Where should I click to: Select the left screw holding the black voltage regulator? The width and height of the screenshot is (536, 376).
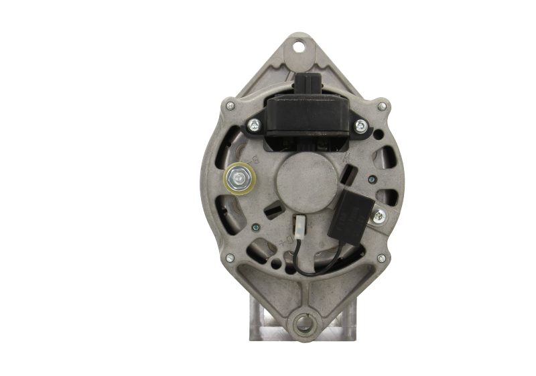tap(254, 124)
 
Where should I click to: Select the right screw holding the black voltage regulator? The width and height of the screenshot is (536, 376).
tap(360, 124)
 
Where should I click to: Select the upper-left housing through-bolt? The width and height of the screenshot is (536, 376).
tap(230, 105)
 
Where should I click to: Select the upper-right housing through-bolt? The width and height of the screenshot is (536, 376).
tap(382, 106)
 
